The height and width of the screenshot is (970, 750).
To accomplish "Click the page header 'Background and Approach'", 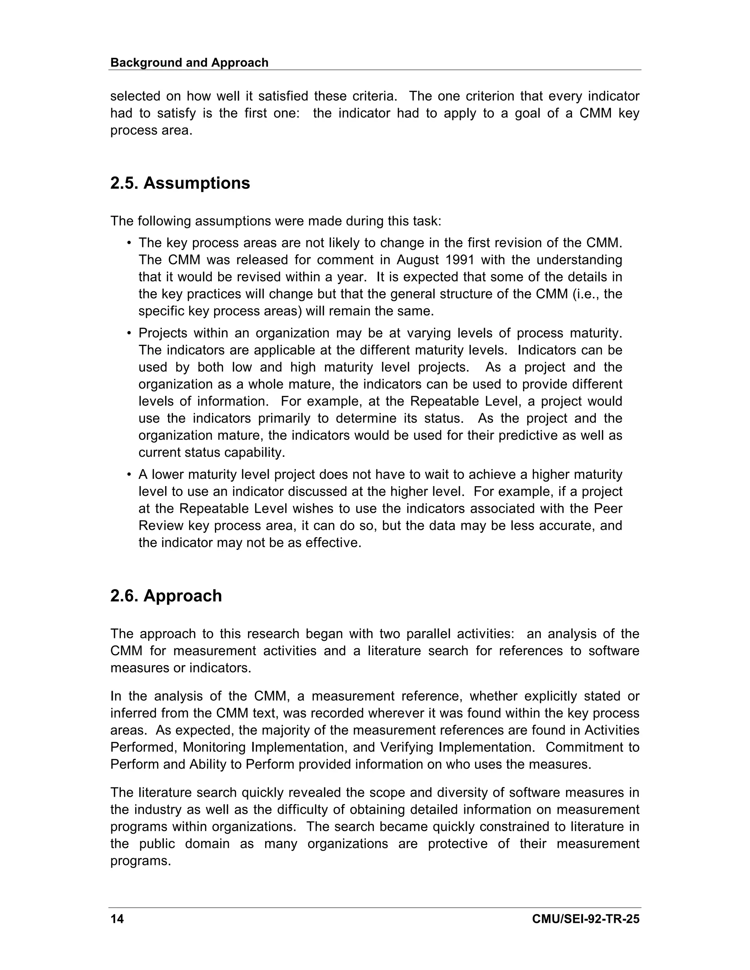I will coord(189,63).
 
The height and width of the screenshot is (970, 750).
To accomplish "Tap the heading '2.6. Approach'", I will coord(166,596).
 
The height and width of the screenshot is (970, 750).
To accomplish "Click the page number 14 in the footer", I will coord(117,919).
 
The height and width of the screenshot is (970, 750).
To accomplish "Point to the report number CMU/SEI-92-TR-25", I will coord(586,919).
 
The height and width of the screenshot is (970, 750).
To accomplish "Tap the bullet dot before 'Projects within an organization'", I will coord(129,333).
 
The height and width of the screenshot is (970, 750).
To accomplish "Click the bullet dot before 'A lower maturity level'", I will coord(129,475).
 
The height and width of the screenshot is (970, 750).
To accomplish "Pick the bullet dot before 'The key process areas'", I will coord(129,243).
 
